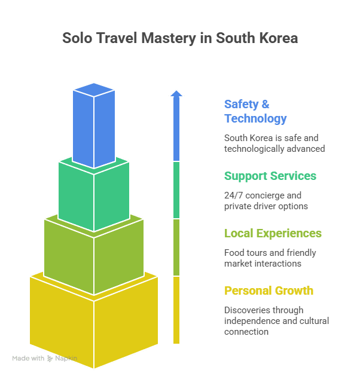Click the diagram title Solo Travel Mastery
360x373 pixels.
[179, 38]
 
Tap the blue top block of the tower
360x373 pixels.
[94, 126]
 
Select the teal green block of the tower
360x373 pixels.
[93, 191]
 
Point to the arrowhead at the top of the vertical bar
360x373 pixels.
[176, 93]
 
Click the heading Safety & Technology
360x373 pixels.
[255, 111]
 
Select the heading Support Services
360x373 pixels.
[270, 176]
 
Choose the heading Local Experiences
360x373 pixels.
[273, 233]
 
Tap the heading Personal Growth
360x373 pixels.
[269, 291]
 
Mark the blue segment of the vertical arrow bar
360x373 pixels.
[176, 132]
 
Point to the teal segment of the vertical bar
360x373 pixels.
[176, 190]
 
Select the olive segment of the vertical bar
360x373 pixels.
[176, 247]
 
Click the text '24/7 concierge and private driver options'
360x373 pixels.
[266, 201]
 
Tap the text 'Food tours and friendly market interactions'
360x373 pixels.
[270, 258]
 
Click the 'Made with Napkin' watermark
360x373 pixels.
[45, 359]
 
